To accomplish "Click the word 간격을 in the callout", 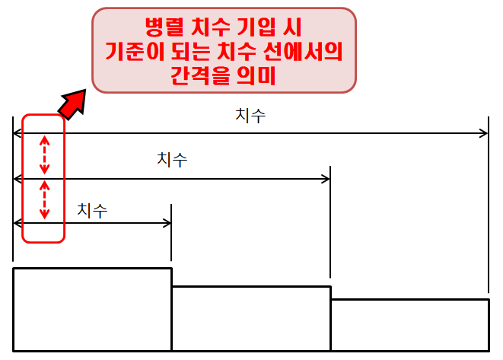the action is point(200,76).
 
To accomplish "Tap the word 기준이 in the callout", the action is point(139,53).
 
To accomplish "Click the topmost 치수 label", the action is point(250,116).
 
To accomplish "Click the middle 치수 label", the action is point(172,161).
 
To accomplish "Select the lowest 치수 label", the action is point(92,211).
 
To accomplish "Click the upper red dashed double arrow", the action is point(44,155).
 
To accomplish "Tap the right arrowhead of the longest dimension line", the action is point(483,133).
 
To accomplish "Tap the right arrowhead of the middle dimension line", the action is point(325,179).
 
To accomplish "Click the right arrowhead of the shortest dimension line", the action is point(167,222).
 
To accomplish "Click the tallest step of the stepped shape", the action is point(92,309).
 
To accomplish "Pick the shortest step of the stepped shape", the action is point(409,325).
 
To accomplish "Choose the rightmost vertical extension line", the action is point(489,205).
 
